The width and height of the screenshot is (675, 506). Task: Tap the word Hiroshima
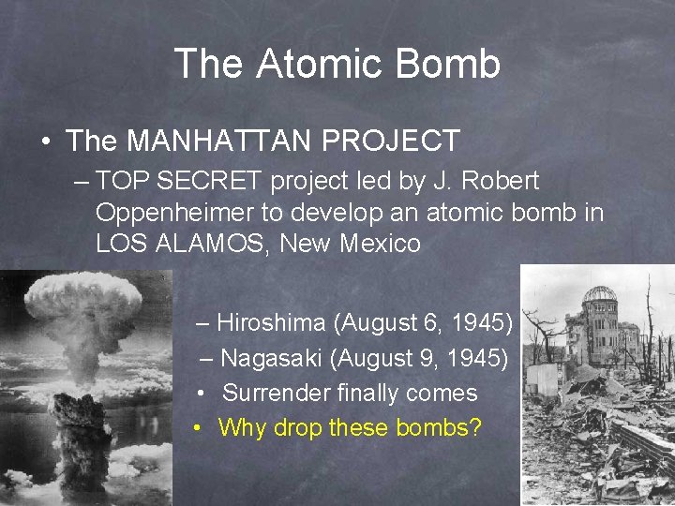pyautogui.click(x=272, y=323)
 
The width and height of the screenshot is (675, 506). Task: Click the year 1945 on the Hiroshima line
pyautogui.click(x=477, y=323)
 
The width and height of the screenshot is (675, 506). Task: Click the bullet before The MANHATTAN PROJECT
pyautogui.click(x=45, y=142)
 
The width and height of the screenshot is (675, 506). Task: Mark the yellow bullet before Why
pyautogui.click(x=198, y=429)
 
